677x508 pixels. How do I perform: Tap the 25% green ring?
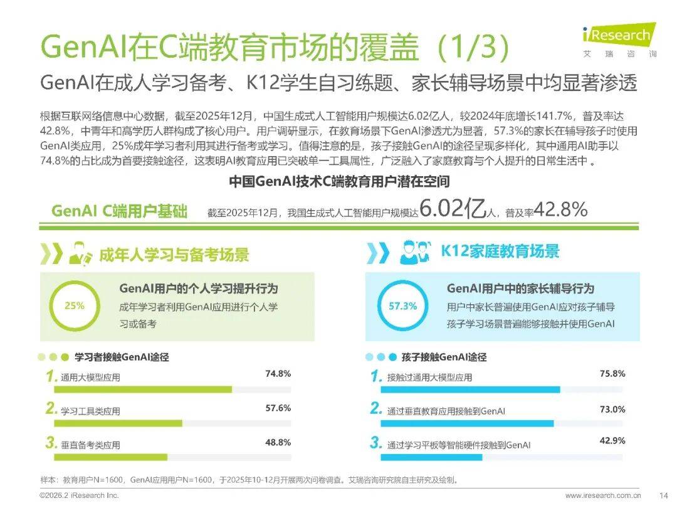(x=74, y=306)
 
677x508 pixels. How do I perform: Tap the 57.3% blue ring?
(x=402, y=306)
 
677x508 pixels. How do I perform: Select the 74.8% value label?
(x=278, y=374)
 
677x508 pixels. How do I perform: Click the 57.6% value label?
(x=278, y=408)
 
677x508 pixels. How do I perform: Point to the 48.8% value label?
(x=278, y=442)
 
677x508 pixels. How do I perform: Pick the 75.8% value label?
(x=612, y=374)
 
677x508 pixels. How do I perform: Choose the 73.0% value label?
(x=612, y=409)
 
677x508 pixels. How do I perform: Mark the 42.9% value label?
(x=612, y=441)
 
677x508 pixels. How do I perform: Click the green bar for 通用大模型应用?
(x=143, y=389)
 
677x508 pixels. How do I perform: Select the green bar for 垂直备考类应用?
(x=111, y=457)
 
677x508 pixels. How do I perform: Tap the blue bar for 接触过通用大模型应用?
(x=470, y=389)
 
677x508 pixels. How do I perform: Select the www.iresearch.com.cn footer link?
(x=602, y=495)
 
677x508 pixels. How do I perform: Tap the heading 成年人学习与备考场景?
(x=174, y=255)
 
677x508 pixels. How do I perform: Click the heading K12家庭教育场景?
(x=500, y=252)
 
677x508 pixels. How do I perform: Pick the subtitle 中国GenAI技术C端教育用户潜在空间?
(x=338, y=182)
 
